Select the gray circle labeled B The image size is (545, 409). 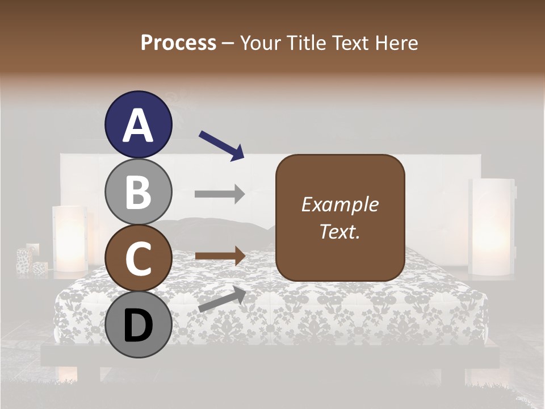(x=139, y=192)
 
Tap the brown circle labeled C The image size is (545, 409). (x=139, y=258)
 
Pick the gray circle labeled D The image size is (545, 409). (x=139, y=325)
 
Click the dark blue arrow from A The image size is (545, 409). (x=221, y=145)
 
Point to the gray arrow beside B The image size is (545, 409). (x=220, y=194)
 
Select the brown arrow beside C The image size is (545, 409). (x=220, y=256)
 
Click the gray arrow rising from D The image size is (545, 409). (x=221, y=299)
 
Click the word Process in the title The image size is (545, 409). (x=178, y=43)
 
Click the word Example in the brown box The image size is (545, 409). (x=339, y=204)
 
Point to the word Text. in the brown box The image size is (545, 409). (x=339, y=231)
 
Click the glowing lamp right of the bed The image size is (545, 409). (x=491, y=227)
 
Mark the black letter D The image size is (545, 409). (x=139, y=326)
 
